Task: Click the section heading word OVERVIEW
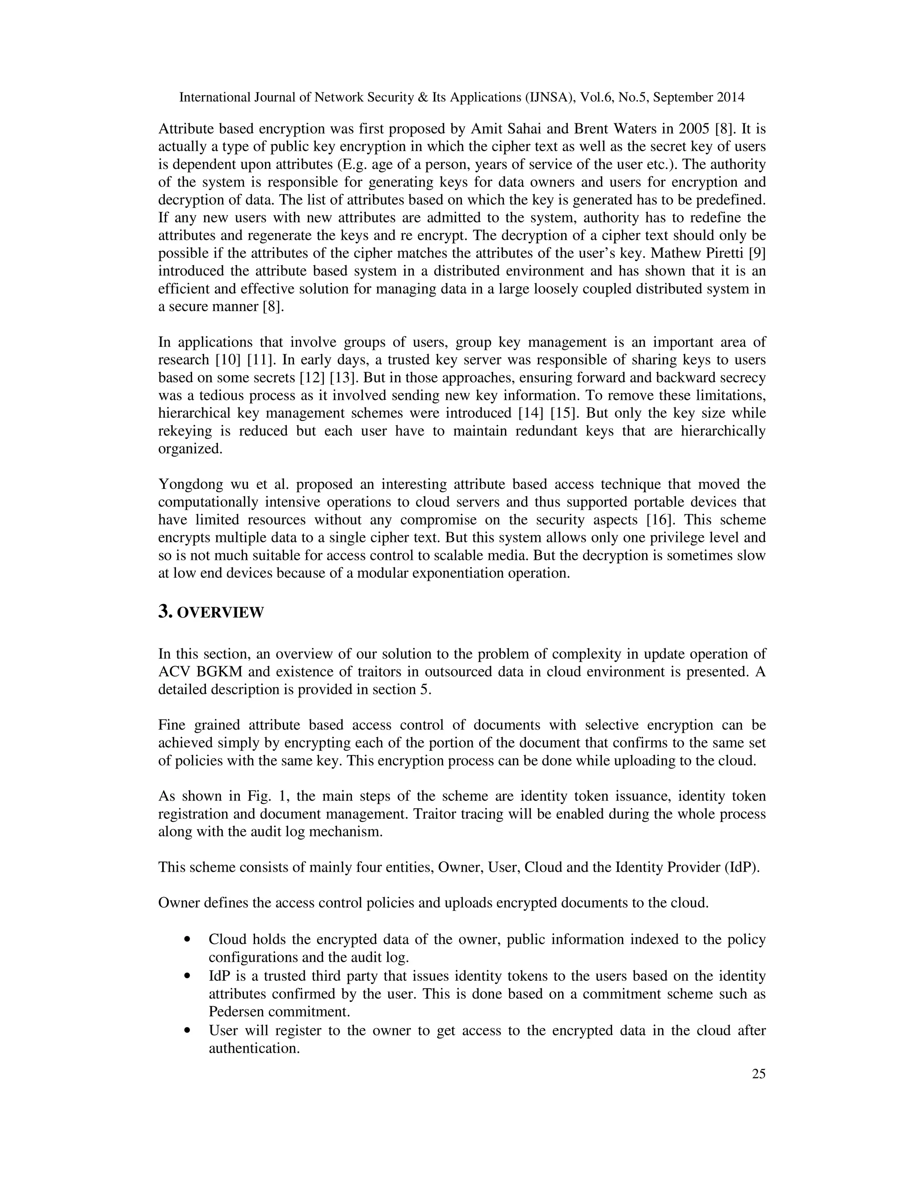pyautogui.click(x=220, y=613)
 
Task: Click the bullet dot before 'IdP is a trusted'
pyautogui.click(x=188, y=976)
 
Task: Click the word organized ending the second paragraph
pyautogui.click(x=190, y=449)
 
